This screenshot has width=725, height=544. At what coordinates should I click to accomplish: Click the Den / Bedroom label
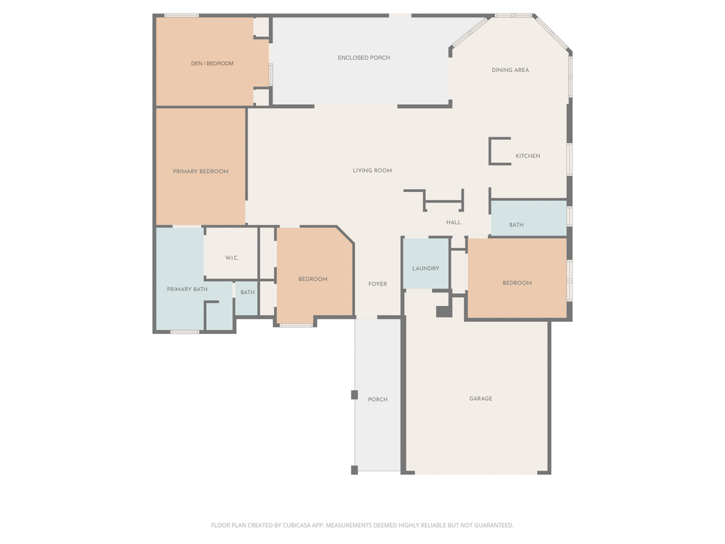click(x=212, y=63)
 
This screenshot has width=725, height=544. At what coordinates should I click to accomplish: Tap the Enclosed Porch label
click(x=364, y=57)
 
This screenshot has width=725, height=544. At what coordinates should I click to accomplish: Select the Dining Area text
click(x=510, y=70)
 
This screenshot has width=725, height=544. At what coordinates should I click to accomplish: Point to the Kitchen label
click(x=528, y=156)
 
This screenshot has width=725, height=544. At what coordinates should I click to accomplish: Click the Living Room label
click(x=372, y=171)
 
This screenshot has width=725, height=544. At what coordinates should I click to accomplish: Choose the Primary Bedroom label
click(x=200, y=172)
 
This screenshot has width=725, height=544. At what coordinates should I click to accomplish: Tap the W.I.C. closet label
click(x=232, y=258)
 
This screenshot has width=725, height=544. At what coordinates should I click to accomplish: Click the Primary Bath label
click(x=187, y=289)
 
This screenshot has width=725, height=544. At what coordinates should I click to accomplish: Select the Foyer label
click(x=378, y=284)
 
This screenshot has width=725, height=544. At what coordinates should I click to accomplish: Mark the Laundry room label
click(x=426, y=269)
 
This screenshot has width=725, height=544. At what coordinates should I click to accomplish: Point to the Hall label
click(x=453, y=223)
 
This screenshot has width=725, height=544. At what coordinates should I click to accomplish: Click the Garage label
click(x=480, y=398)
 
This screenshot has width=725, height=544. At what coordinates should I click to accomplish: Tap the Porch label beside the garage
click(x=378, y=399)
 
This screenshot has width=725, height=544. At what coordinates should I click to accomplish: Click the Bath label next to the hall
click(x=517, y=225)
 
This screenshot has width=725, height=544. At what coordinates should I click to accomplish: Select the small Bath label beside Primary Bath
click(x=248, y=292)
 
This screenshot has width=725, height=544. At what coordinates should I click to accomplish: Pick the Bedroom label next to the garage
click(x=517, y=283)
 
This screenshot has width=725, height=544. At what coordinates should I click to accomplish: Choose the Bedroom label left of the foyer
click(x=313, y=280)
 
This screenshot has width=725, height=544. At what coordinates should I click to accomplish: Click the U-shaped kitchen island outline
click(x=492, y=150)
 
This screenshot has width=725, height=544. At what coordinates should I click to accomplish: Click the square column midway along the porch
click(x=354, y=394)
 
